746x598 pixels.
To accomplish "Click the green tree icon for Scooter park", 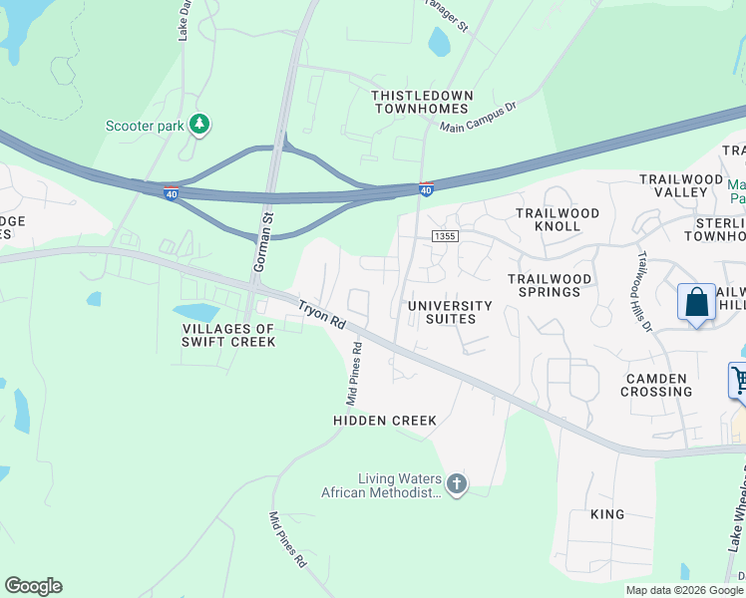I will pyautogui.click(x=201, y=123).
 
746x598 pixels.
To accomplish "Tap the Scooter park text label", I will pyautogui.click(x=146, y=126).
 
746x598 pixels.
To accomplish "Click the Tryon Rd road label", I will pyautogui.click(x=320, y=311).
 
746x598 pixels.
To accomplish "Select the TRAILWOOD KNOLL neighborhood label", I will pyautogui.click(x=558, y=219).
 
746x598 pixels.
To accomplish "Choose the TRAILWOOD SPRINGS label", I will pyautogui.click(x=550, y=285).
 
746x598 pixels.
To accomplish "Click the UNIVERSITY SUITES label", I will pyautogui.click(x=451, y=312).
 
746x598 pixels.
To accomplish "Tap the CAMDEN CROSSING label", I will pyautogui.click(x=656, y=385).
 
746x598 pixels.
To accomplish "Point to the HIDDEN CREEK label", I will pyautogui.click(x=385, y=421).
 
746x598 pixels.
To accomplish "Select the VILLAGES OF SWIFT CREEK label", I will pyautogui.click(x=227, y=335).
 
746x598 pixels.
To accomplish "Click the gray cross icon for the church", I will pyautogui.click(x=457, y=485).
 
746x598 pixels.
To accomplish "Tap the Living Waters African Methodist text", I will pyautogui.click(x=381, y=485).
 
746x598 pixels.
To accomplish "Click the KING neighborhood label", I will pyautogui.click(x=607, y=514).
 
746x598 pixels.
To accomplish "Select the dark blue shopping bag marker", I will pyautogui.click(x=696, y=303).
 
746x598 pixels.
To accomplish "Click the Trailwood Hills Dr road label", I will pyautogui.click(x=647, y=290).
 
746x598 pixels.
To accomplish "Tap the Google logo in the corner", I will pyautogui.click(x=33, y=586).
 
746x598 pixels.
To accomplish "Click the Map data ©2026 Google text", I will pyautogui.click(x=684, y=590).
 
